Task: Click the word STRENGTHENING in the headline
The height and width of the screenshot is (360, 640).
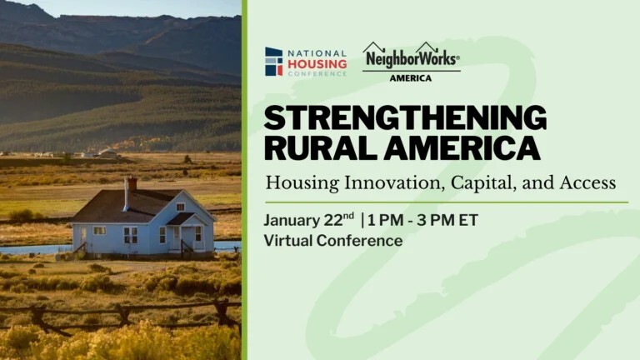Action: coord(405,118)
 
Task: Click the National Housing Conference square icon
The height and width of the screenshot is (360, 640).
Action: coord(273,62)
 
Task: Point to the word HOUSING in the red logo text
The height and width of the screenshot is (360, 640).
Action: coord(317,63)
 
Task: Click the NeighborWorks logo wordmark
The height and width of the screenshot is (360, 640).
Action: coord(410,59)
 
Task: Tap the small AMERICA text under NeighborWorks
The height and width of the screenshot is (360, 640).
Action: coord(411,78)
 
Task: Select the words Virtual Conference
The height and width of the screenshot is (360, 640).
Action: coord(332,241)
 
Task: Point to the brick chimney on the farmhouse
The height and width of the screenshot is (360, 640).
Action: coord(132,184)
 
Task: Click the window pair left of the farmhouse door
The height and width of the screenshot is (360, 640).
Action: coord(131,235)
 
